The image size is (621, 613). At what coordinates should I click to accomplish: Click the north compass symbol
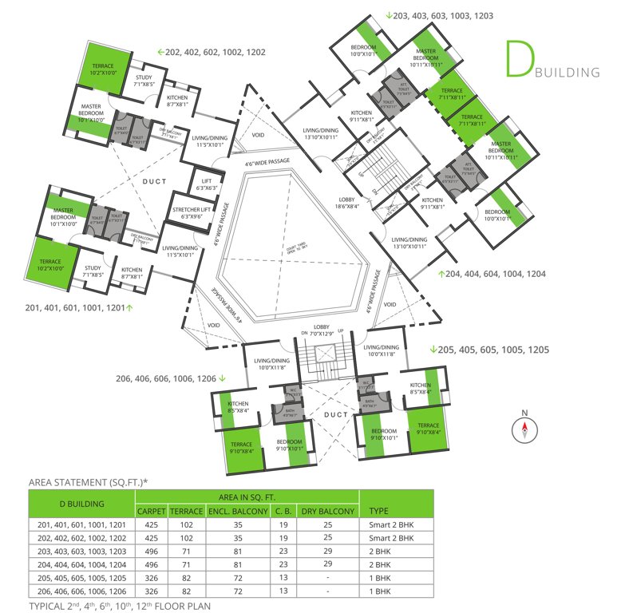[524, 429]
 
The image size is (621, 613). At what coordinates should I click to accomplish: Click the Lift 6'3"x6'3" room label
[196, 184]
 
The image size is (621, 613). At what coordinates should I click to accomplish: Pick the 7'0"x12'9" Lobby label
[321, 332]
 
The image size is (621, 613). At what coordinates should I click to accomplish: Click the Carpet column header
[152, 511]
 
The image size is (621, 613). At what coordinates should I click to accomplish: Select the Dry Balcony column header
[327, 511]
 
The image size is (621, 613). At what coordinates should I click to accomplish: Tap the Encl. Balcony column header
[237, 511]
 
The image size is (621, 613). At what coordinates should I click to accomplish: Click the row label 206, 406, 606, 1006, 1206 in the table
[81, 591]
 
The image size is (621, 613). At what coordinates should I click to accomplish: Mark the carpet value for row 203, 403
[152, 551]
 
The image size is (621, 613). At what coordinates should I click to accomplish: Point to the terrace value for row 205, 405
[186, 577]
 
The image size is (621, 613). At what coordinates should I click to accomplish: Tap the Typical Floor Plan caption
[120, 606]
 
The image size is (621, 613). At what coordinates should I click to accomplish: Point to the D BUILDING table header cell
[81, 504]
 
